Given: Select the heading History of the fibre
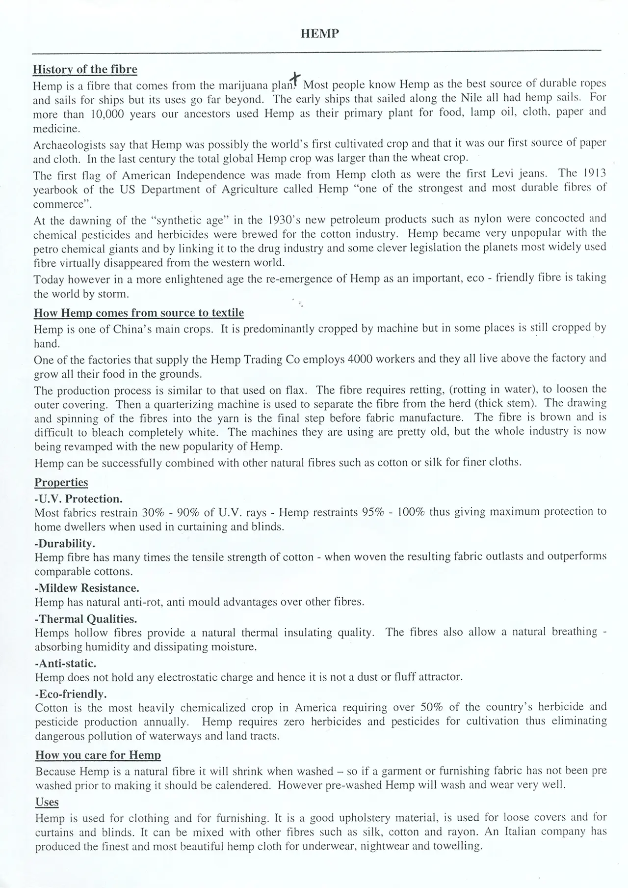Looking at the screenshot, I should pos(85,69).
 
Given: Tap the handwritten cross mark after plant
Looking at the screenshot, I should pos(295,78).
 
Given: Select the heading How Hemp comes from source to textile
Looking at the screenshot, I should pos(139,313).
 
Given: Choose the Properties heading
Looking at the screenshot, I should pos(61,482).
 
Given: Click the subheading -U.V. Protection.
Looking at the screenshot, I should pos(78,499).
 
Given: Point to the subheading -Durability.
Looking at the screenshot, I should pos(65,543).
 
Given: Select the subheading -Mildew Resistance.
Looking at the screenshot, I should pos(87,588).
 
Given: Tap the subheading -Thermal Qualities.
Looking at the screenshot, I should pos(86,618).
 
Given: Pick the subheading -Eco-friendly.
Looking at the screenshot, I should pos(71,694).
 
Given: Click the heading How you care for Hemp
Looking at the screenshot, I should pos(98,755).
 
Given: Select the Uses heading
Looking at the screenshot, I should pos(47,802).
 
